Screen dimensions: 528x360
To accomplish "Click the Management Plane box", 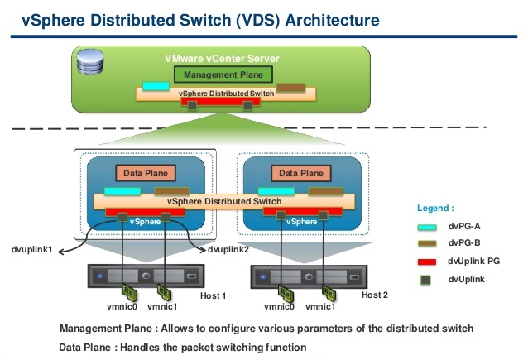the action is (223, 74).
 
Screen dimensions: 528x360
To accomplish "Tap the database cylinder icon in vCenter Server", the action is (90, 61).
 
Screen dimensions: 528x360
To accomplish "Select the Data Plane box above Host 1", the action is (146, 173).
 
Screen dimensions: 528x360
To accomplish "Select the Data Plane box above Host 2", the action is (301, 173).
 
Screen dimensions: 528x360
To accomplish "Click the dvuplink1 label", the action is (32, 250).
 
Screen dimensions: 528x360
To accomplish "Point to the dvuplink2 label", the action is (228, 250).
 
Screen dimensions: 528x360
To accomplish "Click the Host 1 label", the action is (214, 295).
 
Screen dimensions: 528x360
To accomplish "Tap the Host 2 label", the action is (375, 295).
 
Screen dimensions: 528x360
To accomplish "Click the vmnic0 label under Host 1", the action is (122, 306).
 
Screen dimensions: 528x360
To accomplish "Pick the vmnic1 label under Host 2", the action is (320, 306).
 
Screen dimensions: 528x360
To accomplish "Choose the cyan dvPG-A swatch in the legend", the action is (427, 227).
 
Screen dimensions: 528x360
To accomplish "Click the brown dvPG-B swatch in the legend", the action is (427, 243).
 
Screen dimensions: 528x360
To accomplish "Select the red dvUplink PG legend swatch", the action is (427, 262).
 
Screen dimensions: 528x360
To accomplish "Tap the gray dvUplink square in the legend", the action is (425, 280).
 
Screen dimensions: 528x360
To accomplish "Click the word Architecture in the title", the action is (333, 20).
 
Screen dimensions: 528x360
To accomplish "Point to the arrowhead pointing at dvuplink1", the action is (60, 252).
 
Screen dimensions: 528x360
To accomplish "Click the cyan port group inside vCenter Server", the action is (156, 86).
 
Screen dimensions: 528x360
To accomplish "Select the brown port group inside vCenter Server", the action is (290, 88).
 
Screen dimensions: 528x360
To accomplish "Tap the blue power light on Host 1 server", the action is (99, 276).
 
